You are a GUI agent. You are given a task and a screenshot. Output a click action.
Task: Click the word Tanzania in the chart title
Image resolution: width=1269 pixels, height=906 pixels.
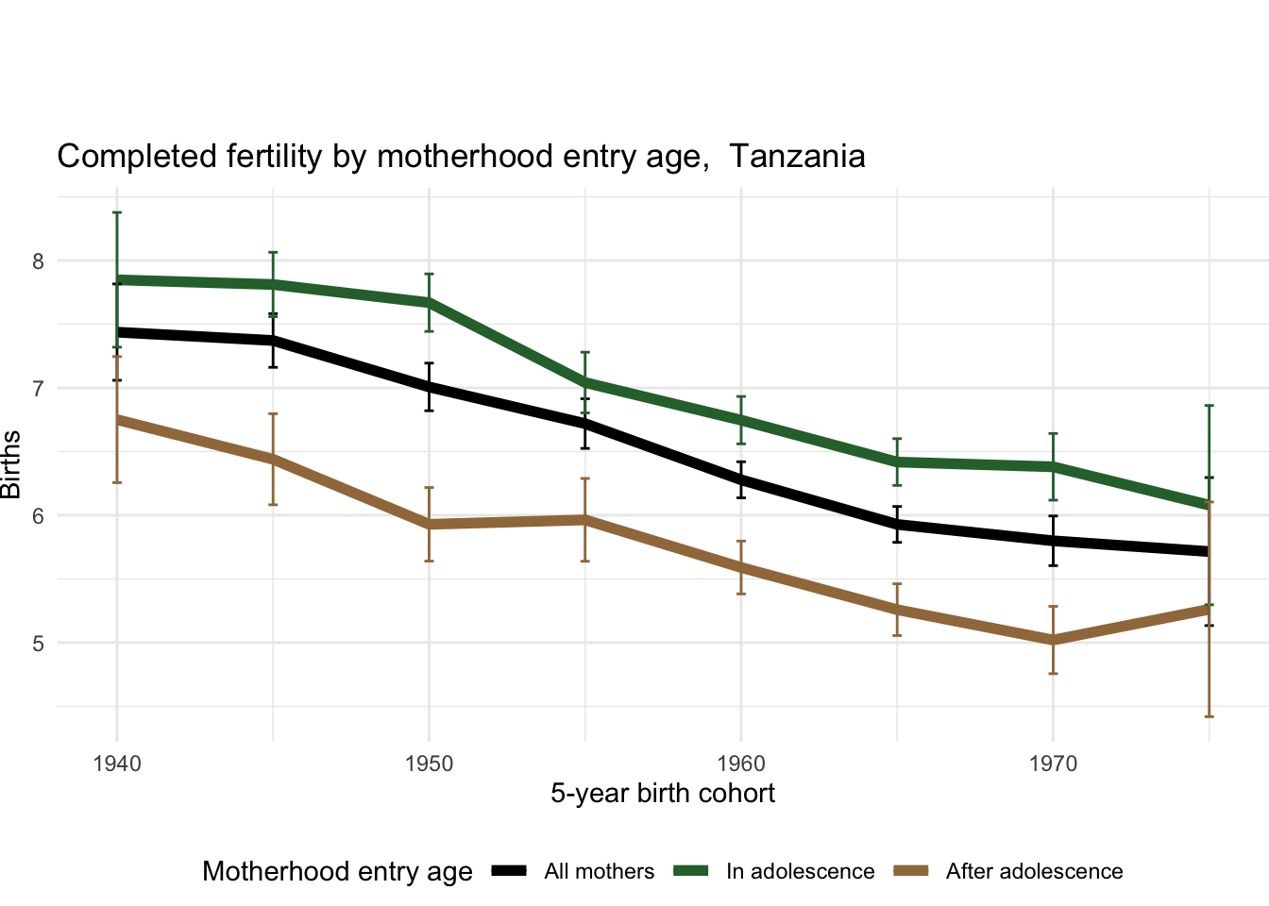pyautogui.click(x=797, y=156)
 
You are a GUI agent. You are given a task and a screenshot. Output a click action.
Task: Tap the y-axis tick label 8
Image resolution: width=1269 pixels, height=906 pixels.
pyautogui.click(x=39, y=261)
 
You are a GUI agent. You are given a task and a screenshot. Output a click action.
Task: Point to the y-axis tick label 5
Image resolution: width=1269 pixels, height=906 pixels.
pyautogui.click(x=39, y=644)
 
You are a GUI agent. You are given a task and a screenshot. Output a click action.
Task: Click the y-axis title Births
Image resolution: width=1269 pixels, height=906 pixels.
pyautogui.click(x=11, y=464)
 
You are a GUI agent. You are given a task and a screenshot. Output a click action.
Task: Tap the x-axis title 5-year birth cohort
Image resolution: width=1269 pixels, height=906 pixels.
pyautogui.click(x=663, y=794)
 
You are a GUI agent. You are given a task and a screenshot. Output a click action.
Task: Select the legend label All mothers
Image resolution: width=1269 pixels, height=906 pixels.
pyautogui.click(x=599, y=872)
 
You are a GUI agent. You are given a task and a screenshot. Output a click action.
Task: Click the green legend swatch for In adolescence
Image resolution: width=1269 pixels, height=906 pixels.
pyautogui.click(x=691, y=871)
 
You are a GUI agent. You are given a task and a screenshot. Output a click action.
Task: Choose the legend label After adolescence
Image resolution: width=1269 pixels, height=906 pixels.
pyautogui.click(x=1034, y=872)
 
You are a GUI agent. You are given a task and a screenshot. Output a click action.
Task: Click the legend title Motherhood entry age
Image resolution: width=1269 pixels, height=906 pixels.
pyautogui.click(x=337, y=872)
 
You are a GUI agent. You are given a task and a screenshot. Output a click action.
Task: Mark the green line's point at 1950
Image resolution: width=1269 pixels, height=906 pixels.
pyautogui.click(x=430, y=303)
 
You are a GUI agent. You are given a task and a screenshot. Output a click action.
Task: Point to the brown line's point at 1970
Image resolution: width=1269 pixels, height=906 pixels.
pyautogui.click(x=1053, y=640)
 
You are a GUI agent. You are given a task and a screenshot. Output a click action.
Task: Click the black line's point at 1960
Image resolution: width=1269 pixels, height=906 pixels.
pyautogui.click(x=741, y=479)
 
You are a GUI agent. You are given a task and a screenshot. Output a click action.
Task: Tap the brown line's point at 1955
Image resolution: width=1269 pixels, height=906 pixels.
pyautogui.click(x=585, y=519)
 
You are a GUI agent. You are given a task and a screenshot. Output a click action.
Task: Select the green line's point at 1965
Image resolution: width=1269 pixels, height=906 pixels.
pyautogui.click(x=897, y=461)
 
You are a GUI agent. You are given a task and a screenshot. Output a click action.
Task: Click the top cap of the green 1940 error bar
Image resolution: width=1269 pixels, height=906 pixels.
pyautogui.click(x=117, y=212)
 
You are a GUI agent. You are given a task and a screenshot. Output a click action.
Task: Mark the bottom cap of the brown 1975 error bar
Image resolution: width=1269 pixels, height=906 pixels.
pyautogui.click(x=1209, y=716)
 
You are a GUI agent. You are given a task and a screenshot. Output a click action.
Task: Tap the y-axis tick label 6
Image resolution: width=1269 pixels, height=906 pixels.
pyautogui.click(x=39, y=516)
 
